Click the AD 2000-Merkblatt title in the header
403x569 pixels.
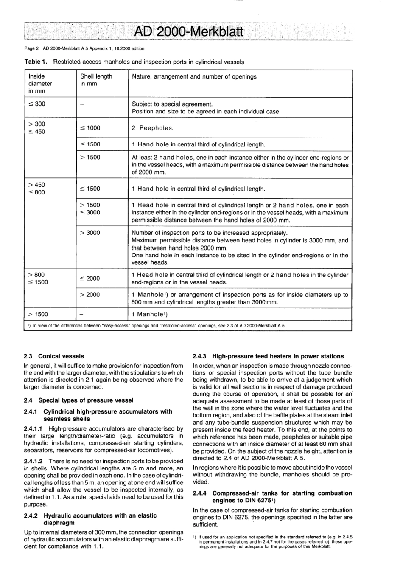188,31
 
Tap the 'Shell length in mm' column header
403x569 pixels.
96,80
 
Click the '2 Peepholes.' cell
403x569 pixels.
153,128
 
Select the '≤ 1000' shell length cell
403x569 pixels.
90,128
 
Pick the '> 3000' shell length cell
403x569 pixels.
90,233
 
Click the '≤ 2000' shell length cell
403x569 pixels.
90,279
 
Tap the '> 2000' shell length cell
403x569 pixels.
90,295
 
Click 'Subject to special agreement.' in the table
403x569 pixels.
172,104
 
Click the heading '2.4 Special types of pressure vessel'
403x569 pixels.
78,400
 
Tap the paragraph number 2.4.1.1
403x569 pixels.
35,429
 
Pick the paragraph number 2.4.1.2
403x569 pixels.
35,461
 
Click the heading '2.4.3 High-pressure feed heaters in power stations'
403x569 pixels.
268,356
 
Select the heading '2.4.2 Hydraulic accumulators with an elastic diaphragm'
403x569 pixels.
90,519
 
